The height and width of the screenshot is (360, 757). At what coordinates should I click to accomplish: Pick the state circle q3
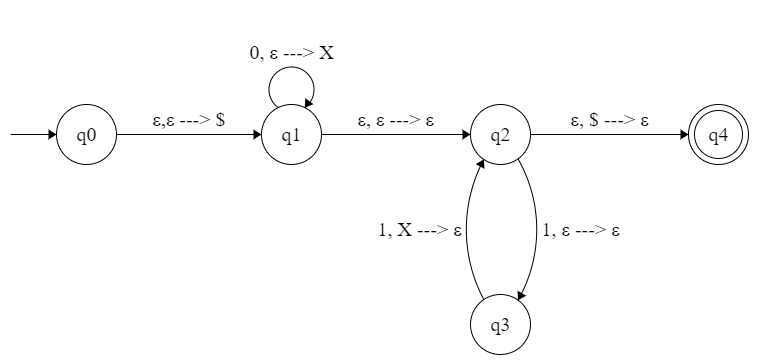[x=500, y=324]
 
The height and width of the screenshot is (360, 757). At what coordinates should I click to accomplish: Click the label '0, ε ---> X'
[x=291, y=53]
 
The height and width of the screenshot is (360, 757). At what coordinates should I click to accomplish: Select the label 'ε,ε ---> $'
[x=188, y=120]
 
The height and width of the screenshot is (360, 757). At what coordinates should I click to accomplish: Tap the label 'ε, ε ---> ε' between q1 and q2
[x=396, y=120]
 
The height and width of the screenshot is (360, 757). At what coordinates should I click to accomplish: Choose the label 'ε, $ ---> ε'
[x=610, y=120]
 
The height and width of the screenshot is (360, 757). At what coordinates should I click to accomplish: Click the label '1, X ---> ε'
[x=418, y=231]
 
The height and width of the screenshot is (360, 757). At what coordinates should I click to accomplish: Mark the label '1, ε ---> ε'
[x=580, y=231]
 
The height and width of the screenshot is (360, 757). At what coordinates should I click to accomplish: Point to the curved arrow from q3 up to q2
[x=468, y=231]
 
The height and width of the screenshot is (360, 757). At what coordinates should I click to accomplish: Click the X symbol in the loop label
[x=326, y=53]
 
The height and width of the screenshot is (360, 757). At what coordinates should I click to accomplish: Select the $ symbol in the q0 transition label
[x=220, y=120]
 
